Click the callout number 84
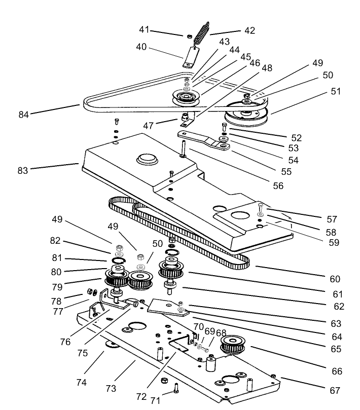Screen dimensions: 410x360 (x=23, y=114)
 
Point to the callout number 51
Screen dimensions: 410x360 (x=336, y=92)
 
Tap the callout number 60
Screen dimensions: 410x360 (x=335, y=279)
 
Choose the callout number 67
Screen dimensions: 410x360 (x=334, y=391)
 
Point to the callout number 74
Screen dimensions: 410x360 (x=81, y=383)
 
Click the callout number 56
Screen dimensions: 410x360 (x=278, y=185)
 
